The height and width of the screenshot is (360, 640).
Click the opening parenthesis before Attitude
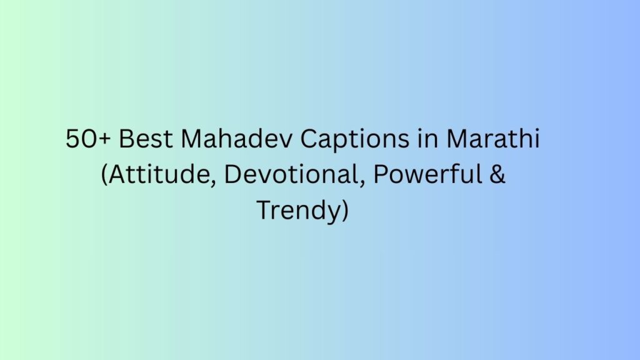[105, 176]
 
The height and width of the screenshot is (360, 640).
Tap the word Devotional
[293, 175]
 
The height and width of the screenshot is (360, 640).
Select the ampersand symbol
[499, 175]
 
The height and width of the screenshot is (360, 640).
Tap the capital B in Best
[125, 139]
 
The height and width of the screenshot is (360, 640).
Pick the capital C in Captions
[309, 139]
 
